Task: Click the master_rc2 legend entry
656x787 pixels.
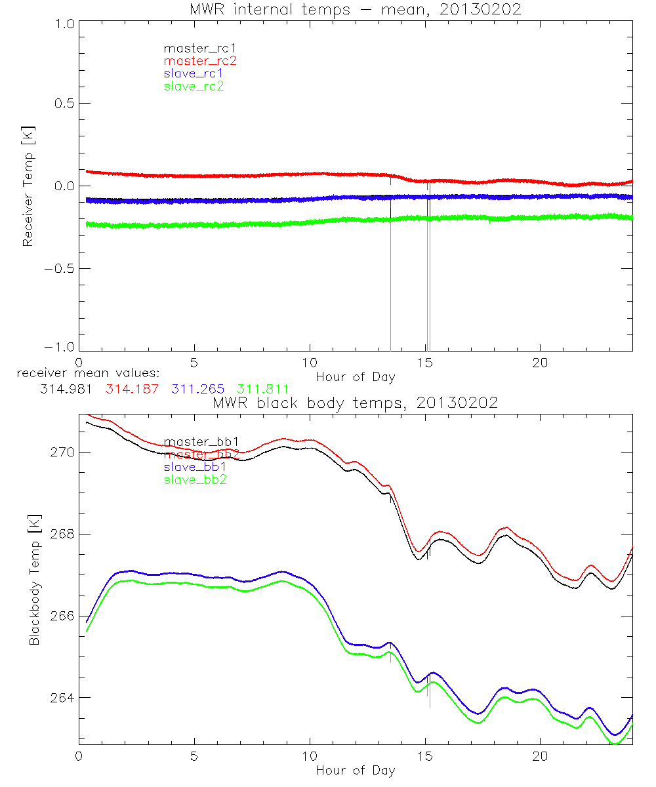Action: [200, 60]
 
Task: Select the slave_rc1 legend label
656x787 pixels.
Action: [194, 73]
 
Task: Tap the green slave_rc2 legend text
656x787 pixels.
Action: [194, 86]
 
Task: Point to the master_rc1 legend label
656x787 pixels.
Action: [200, 48]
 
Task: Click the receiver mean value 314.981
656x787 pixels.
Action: [65, 389]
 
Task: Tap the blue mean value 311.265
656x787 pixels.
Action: [199, 389]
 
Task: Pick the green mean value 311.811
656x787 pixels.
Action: [263, 389]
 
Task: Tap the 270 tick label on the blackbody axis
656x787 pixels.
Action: [63, 453]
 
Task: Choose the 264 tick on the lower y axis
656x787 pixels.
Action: [63, 697]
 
